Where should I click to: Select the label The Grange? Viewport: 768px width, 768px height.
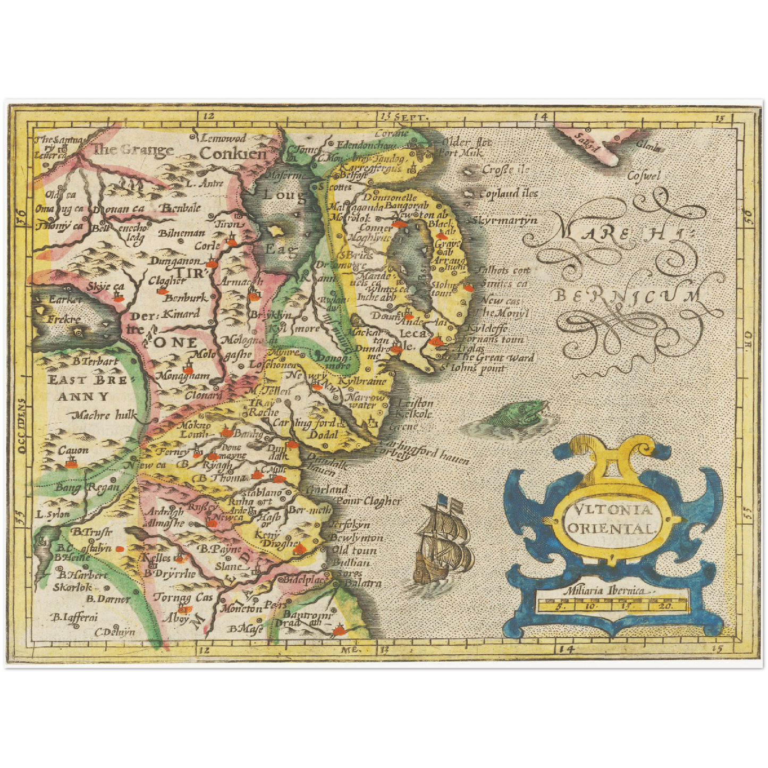coord(133,149)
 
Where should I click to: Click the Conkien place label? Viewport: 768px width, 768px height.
coord(232,154)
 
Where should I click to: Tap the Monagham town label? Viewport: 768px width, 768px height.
coord(182,375)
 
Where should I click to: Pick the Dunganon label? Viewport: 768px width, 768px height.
coord(174,261)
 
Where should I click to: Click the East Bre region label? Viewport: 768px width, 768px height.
coord(87,380)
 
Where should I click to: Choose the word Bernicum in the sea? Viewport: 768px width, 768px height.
coord(627,296)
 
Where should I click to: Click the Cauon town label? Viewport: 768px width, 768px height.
coord(73,451)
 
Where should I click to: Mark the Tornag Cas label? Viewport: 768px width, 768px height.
coord(183,597)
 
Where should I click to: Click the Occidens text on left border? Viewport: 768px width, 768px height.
coord(21,426)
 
